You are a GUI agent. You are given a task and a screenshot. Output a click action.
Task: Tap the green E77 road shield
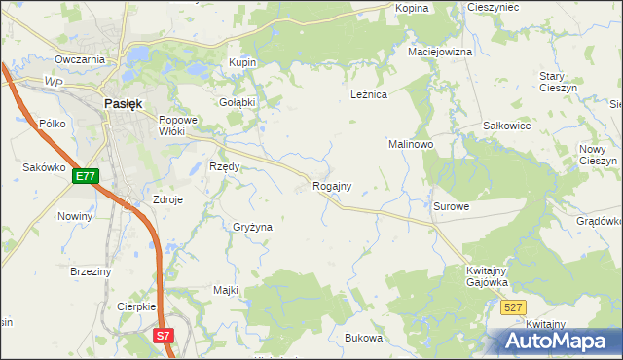coord(85,176)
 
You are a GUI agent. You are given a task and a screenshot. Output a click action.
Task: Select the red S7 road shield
coord(164,336)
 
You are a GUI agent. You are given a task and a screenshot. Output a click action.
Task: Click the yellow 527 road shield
coord(515,307)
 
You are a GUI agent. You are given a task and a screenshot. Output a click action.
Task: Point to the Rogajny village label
coord(331,185)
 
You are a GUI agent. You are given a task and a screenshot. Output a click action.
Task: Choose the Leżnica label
coord(369,94)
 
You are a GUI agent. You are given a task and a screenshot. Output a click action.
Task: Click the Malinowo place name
coord(411,143)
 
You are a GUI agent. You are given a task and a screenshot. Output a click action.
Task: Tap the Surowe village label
coord(452,206)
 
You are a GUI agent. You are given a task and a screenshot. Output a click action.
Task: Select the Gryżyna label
coord(252,226)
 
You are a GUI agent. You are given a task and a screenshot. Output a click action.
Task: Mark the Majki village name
coord(226,290)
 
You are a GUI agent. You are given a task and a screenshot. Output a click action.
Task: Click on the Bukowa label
coord(364,338)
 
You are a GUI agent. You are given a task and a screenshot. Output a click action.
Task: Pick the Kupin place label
coord(242,62)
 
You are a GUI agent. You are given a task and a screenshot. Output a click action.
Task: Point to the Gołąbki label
coord(237,101)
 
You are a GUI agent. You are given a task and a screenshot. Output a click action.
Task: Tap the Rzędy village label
coord(225,166)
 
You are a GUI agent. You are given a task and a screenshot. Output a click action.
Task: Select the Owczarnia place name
coord(80,59)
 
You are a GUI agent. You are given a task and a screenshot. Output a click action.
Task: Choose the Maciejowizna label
coord(440,52)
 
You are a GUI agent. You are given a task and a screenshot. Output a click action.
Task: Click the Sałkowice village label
coord(506,126)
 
